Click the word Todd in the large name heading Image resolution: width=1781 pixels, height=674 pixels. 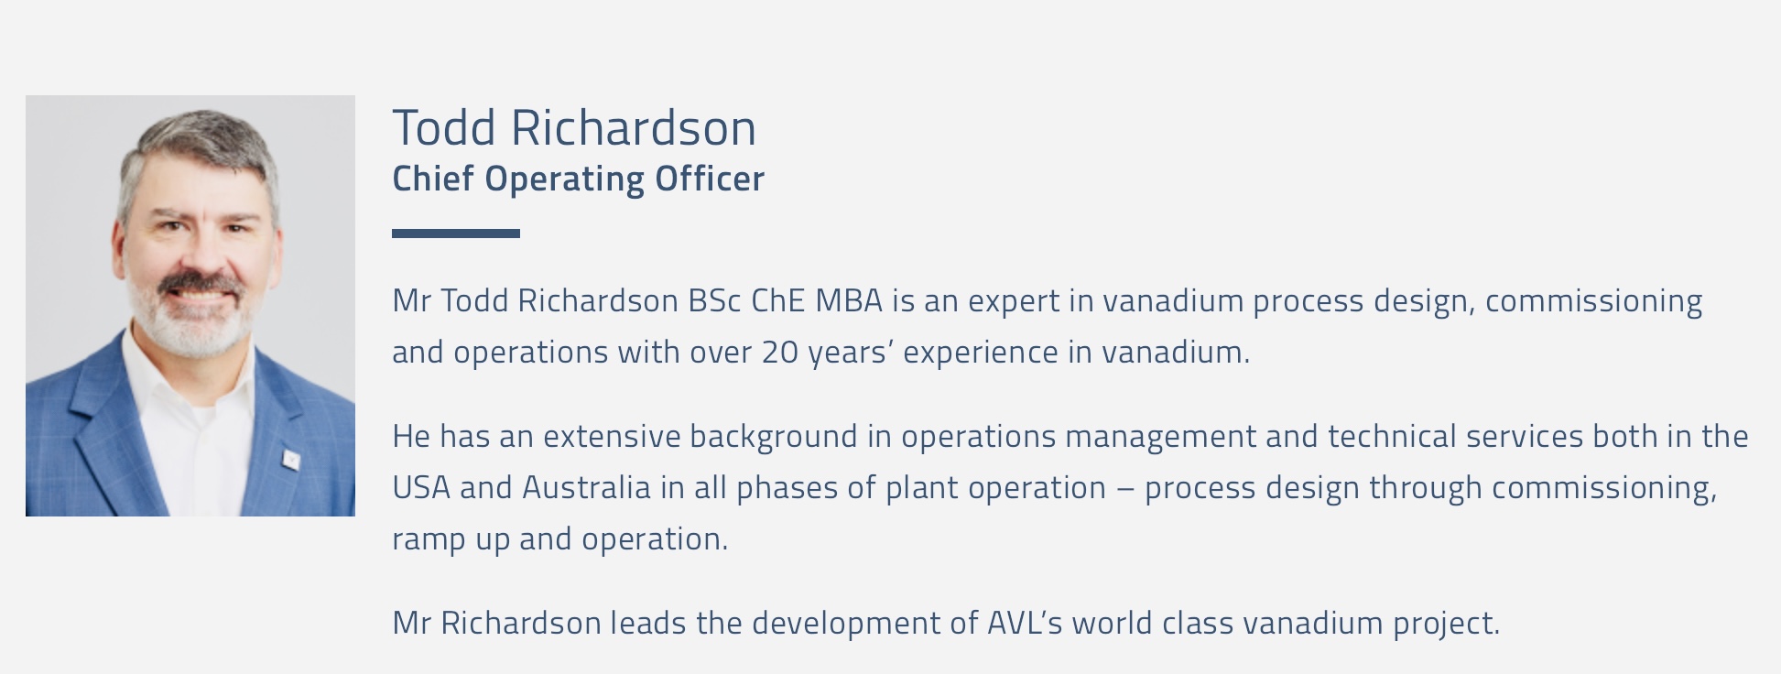click(x=445, y=127)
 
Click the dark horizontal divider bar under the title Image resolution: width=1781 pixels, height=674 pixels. click(x=456, y=234)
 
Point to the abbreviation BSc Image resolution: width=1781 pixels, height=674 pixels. click(x=715, y=300)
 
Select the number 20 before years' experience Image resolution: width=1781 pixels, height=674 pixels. click(x=780, y=352)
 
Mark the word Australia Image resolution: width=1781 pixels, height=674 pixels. click(x=586, y=487)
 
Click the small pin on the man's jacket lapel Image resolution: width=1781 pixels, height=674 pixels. click(x=290, y=458)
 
